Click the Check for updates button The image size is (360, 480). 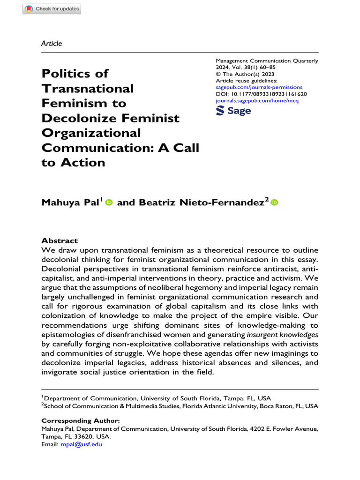pyautogui.click(x=52, y=9)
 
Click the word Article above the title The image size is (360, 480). pyautogui.click(x=52, y=44)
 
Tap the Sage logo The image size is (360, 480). pyautogui.click(x=233, y=111)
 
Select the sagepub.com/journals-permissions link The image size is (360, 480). pyautogui.click(x=259, y=87)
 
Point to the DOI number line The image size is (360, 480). pyautogui.click(x=261, y=94)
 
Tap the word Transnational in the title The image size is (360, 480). pyautogui.click(x=88, y=88)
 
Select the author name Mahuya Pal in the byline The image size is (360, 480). pyautogui.click(x=71, y=202)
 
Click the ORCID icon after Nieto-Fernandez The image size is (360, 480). pyautogui.click(x=274, y=202)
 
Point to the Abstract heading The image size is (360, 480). pyautogui.click(x=60, y=240)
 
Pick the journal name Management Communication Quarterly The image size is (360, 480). pyautogui.click(x=267, y=60)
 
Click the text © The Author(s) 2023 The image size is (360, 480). pyautogui.click(x=245, y=74)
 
